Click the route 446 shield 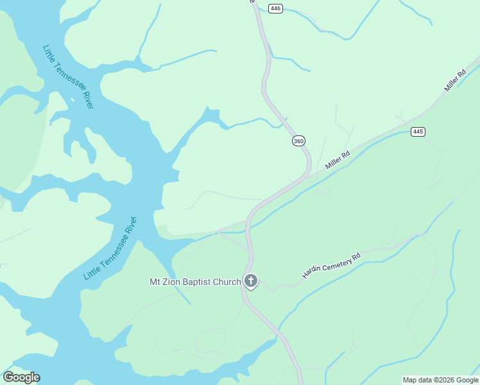[x=276, y=8]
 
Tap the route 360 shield [x=298, y=141]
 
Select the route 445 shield [x=418, y=132]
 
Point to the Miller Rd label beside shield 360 [x=338, y=160]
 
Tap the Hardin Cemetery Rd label [x=332, y=265]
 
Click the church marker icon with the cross [x=251, y=281]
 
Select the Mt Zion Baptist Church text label [x=195, y=282]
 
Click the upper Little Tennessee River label [x=68, y=76]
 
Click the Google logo [x=22, y=377]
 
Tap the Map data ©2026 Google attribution [x=440, y=380]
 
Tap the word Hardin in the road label [x=311, y=273]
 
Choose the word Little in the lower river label [x=90, y=271]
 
